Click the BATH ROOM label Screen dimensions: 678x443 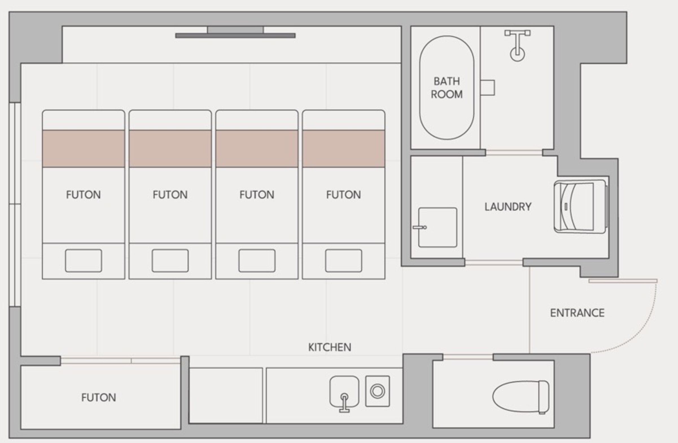[447, 88]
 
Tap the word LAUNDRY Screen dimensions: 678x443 [508, 207]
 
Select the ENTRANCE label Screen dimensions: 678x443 [577, 313]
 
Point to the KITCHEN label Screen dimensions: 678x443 [330, 347]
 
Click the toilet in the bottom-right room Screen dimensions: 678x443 [521, 397]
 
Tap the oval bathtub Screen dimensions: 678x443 [447, 88]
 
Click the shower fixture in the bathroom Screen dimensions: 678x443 [517, 45]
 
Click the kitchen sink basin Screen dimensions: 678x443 [344, 391]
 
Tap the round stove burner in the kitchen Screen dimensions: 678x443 [377, 391]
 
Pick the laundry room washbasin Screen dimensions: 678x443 [438, 227]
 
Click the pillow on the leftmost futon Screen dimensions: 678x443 [84, 261]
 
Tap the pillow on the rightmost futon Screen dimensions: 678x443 [344, 261]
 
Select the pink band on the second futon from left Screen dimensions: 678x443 [170, 149]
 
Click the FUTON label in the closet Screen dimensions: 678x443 [99, 398]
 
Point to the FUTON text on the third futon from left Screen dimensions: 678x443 [257, 195]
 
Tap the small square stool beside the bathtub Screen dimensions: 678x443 [487, 88]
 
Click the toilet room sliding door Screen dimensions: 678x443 [468, 357]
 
